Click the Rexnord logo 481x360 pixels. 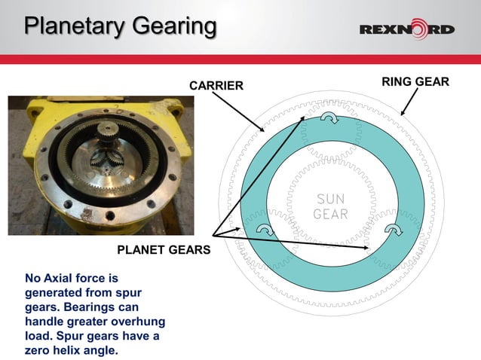click(406, 30)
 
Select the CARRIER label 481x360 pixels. click(216, 86)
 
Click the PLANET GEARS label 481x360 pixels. click(162, 249)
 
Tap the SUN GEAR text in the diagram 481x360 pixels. click(330, 206)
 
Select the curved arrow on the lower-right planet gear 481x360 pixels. click(394, 229)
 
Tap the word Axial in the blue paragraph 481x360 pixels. click(63, 279)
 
